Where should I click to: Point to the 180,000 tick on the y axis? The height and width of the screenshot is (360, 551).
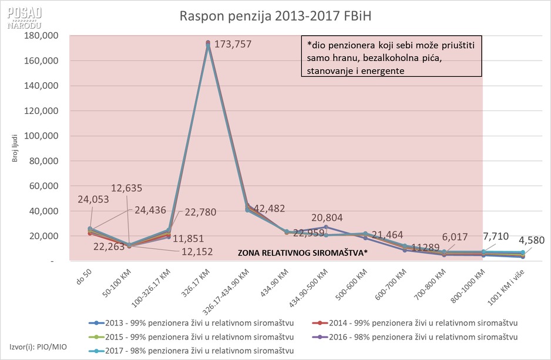[42, 36]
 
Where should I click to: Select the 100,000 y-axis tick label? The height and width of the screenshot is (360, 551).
[42, 136]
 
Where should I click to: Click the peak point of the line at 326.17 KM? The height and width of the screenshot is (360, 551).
[208, 43]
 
